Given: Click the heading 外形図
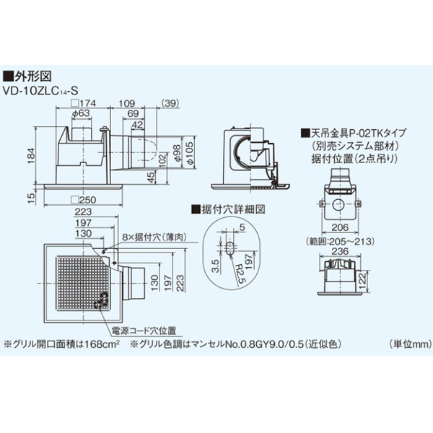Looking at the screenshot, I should [32, 74].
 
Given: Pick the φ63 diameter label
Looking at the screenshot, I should [80, 113].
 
